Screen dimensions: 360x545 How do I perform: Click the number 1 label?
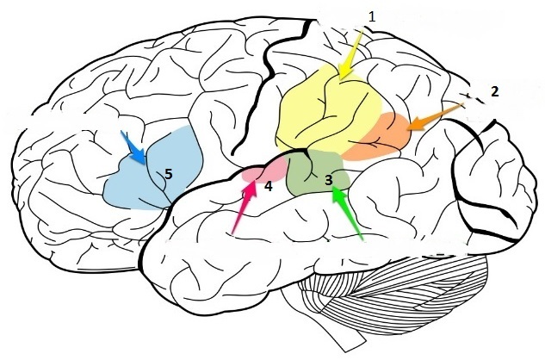[x=372, y=16]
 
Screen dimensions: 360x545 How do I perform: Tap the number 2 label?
[x=494, y=90]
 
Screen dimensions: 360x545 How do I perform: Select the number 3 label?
[x=329, y=180]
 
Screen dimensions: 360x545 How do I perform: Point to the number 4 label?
[x=269, y=185]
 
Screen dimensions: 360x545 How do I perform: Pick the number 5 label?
[x=169, y=174]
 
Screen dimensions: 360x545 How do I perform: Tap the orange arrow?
[x=435, y=117]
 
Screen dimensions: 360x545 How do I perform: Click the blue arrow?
[x=133, y=146]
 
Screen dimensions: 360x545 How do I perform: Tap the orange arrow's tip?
[x=407, y=130]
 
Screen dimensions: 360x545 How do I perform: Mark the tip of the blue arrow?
[x=145, y=163]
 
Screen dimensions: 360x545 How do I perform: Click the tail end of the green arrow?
[x=365, y=239]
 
